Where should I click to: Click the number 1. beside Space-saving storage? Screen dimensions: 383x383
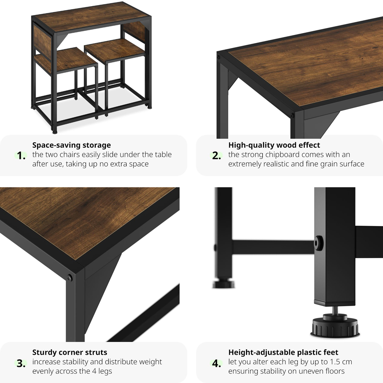pyautogui.click(x=21, y=156)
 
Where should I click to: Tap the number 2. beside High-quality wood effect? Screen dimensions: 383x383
pyautogui.click(x=217, y=156)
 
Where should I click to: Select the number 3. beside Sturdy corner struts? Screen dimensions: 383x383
pyautogui.click(x=21, y=363)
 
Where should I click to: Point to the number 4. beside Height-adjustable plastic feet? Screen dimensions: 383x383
pyautogui.click(x=217, y=363)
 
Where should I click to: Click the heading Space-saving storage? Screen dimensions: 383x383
pyautogui.click(x=71, y=145)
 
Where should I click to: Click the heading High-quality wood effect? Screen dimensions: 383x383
pyautogui.click(x=274, y=145)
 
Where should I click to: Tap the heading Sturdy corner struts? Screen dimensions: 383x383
pyautogui.click(x=70, y=352)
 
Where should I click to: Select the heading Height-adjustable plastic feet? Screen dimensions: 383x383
pyautogui.click(x=283, y=352)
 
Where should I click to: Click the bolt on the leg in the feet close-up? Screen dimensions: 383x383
pyautogui.click(x=319, y=243)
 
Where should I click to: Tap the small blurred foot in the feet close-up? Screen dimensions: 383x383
pyautogui.click(x=224, y=284)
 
